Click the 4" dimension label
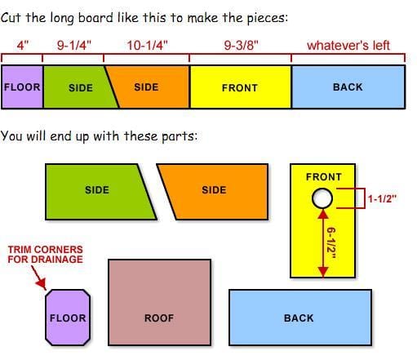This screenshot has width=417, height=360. (x=23, y=45)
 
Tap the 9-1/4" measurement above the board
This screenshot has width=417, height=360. (x=74, y=45)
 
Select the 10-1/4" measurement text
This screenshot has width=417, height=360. (x=147, y=45)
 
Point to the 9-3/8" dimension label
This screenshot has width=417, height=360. (x=241, y=45)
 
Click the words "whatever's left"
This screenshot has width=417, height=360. (x=348, y=46)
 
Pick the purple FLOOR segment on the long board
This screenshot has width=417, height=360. (x=22, y=87)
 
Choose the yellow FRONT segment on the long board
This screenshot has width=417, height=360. (x=241, y=87)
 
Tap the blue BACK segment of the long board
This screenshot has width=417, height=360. (x=348, y=87)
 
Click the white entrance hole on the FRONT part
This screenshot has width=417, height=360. (x=322, y=198)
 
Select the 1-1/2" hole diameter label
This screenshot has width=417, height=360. (x=382, y=199)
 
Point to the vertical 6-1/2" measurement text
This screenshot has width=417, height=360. (x=331, y=242)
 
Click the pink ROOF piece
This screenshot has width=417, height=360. (x=159, y=302)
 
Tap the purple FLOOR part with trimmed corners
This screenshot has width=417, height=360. (x=68, y=318)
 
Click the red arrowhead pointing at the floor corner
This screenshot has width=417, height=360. (x=42, y=284)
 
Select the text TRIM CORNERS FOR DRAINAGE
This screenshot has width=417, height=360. (x=45, y=255)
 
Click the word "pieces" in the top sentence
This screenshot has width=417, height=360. (x=266, y=18)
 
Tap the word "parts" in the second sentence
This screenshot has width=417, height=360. (x=178, y=136)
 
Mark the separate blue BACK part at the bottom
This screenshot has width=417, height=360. (x=300, y=318)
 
